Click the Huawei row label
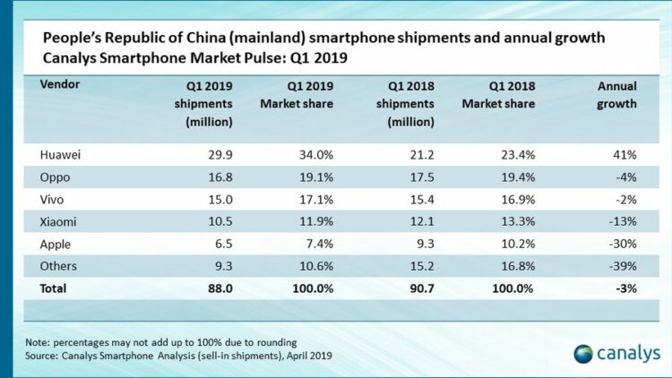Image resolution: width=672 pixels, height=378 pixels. (x=60, y=154)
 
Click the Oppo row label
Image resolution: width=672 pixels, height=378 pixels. (x=56, y=177)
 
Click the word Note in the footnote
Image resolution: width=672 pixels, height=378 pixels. (x=38, y=341)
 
